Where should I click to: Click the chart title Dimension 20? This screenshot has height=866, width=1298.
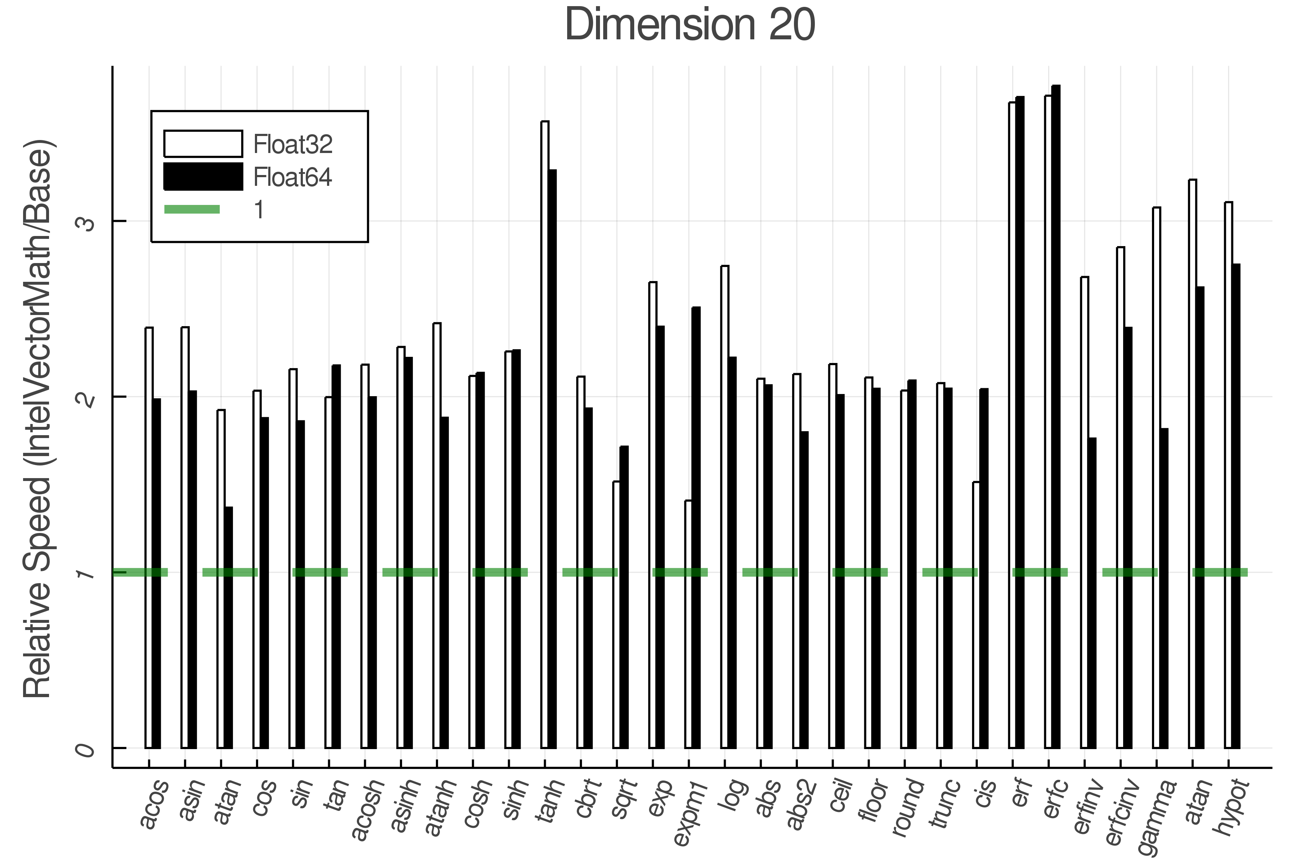pyautogui.click(x=690, y=25)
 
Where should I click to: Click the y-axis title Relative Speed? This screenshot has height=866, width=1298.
pyautogui.click(x=37, y=420)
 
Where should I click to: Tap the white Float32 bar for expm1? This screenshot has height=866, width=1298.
pyautogui.click(x=688, y=624)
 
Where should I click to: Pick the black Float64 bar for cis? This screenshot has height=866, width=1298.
pyautogui.click(x=984, y=569)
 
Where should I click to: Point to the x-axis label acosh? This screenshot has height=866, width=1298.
pyautogui.click(x=367, y=809)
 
